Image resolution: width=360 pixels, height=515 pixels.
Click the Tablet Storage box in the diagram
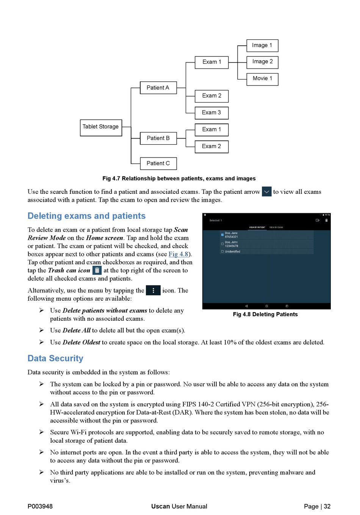point(101,127)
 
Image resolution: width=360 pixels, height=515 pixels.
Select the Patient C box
point(158,164)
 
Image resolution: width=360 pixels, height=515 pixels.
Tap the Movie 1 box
point(262,79)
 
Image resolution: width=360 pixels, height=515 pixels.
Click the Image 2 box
point(262,62)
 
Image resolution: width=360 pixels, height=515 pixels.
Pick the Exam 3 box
point(211,113)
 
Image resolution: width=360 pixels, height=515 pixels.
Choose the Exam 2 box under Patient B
point(211,147)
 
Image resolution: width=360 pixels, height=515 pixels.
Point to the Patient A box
point(158,88)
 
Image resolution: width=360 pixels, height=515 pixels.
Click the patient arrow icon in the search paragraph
point(267,192)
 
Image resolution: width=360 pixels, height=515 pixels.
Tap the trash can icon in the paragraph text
point(97,270)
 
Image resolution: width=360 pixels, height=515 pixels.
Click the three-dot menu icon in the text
point(153,290)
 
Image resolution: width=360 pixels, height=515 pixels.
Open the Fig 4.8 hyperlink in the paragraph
point(178,254)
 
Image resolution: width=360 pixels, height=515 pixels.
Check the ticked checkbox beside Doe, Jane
point(222,235)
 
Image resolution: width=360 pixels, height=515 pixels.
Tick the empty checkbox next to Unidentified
point(222,251)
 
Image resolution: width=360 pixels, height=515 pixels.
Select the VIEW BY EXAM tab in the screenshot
point(276,228)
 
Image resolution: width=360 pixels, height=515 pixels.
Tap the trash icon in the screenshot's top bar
point(326,220)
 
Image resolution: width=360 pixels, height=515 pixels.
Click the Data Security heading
point(55,359)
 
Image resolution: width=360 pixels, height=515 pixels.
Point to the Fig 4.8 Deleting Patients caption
point(265,314)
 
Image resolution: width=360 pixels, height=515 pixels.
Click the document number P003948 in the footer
point(40,506)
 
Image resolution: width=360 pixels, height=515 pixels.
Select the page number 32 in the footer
point(327,506)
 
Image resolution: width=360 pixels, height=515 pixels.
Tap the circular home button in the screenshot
point(267,306)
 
